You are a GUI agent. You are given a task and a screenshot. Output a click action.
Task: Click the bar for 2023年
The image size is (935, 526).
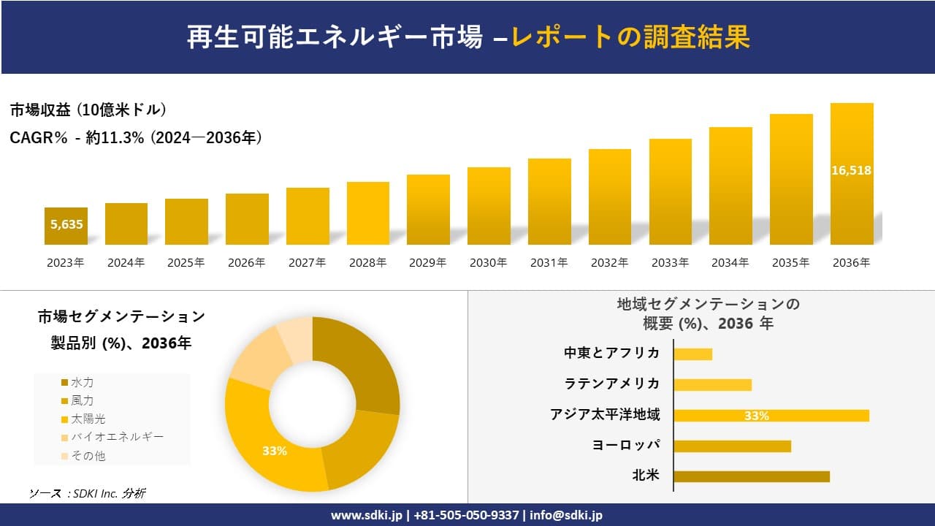pyautogui.click(x=66, y=226)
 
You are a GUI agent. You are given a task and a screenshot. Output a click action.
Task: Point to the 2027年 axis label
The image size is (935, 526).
pyautogui.click(x=308, y=263)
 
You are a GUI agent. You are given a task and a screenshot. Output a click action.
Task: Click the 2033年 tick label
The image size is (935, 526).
pyautogui.click(x=670, y=263)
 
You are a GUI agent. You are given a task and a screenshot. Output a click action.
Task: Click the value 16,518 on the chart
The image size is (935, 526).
pyautogui.click(x=852, y=170)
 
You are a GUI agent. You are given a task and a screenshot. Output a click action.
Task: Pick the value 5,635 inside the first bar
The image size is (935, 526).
pyautogui.click(x=66, y=224)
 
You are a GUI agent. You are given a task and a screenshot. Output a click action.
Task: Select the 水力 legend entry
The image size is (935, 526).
pyautogui.click(x=81, y=382)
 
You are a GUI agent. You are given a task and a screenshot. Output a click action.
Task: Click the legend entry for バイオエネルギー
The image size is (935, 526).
pyautogui.click(x=116, y=437)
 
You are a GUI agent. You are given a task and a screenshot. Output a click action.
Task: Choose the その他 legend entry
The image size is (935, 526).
pyautogui.click(x=88, y=456)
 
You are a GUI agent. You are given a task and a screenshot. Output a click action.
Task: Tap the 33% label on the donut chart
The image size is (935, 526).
pyautogui.click(x=275, y=451)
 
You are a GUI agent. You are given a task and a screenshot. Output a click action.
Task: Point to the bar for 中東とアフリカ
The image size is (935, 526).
pyautogui.click(x=692, y=354)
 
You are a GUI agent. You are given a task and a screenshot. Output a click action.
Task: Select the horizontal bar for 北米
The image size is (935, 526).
pyautogui.click(x=751, y=476)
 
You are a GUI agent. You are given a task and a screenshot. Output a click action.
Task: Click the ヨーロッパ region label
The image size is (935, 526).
pyautogui.click(x=626, y=445)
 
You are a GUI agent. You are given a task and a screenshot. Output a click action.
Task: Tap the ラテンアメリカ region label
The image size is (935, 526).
pyautogui.click(x=612, y=384)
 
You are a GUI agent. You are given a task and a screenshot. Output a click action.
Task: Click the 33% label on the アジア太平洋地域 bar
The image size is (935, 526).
pyautogui.click(x=757, y=416)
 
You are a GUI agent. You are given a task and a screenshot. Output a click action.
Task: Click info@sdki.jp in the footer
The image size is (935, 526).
pyautogui.click(x=566, y=515)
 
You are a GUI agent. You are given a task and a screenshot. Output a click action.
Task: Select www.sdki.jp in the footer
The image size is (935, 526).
pyautogui.click(x=366, y=515)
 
